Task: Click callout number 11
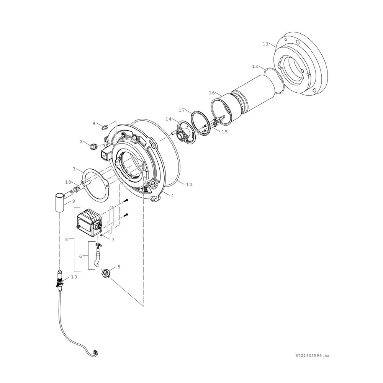pos(265,44)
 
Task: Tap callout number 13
pos(255,66)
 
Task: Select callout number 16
pos(212,93)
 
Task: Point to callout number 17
pos(182,110)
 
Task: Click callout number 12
pos(189,185)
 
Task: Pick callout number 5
pos(66,240)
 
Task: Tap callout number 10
pos(74,277)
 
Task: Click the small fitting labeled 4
pos(105,127)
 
